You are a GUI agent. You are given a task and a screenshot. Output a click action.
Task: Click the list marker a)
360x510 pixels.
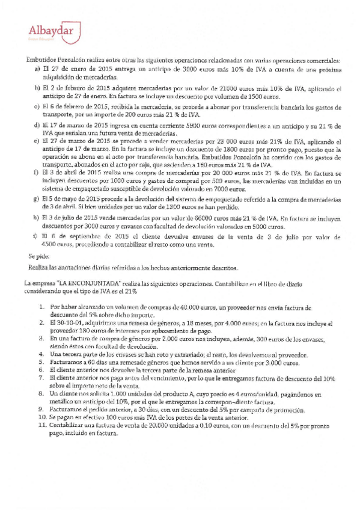[x=37, y=70]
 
